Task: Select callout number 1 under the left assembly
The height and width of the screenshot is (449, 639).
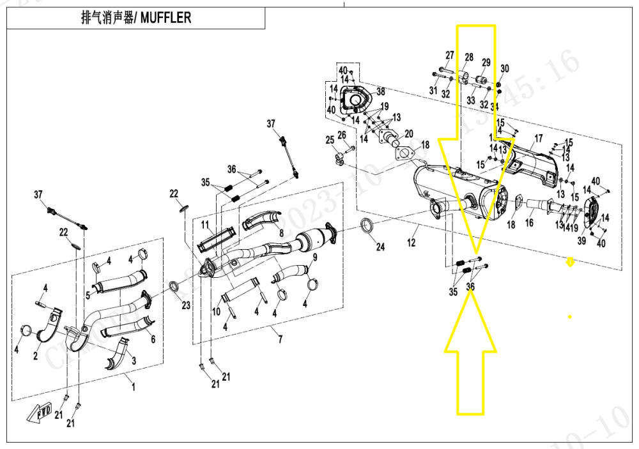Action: pyautogui.click(x=133, y=386)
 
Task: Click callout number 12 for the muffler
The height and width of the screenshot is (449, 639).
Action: pyautogui.click(x=412, y=242)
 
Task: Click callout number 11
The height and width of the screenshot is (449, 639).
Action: pyautogui.click(x=206, y=225)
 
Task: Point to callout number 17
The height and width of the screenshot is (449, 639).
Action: pyautogui.click(x=538, y=139)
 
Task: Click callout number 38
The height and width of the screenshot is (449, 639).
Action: pyautogui.click(x=380, y=91)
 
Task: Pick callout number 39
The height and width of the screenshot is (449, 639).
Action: pyautogui.click(x=581, y=241)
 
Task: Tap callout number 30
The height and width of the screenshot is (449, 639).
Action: pyautogui.click(x=505, y=69)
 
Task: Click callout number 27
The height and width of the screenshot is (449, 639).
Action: pyautogui.click(x=450, y=56)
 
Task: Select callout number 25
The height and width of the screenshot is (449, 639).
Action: pyautogui.click(x=330, y=139)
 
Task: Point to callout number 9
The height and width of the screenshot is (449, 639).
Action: pyautogui.click(x=314, y=257)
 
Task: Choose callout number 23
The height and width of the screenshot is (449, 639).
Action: pyautogui.click(x=185, y=305)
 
